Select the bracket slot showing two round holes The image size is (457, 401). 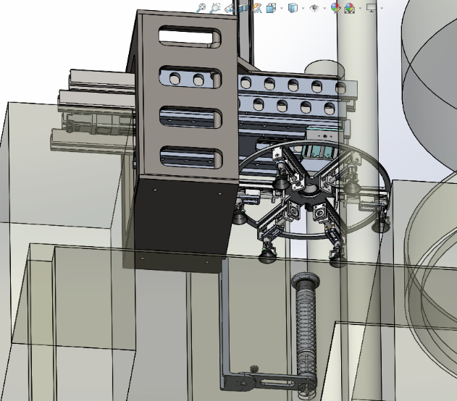click(x=188, y=77)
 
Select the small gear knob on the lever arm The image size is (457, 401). click(x=253, y=369)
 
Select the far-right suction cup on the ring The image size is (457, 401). click(x=379, y=226)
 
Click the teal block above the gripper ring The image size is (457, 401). click(x=319, y=150)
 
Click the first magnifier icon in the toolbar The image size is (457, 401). click(x=201, y=7)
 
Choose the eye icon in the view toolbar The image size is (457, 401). click(x=314, y=7)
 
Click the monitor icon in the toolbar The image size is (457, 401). click(x=372, y=7)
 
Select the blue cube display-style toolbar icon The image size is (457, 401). click(x=293, y=7)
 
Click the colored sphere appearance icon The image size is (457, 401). click(x=335, y=7)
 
